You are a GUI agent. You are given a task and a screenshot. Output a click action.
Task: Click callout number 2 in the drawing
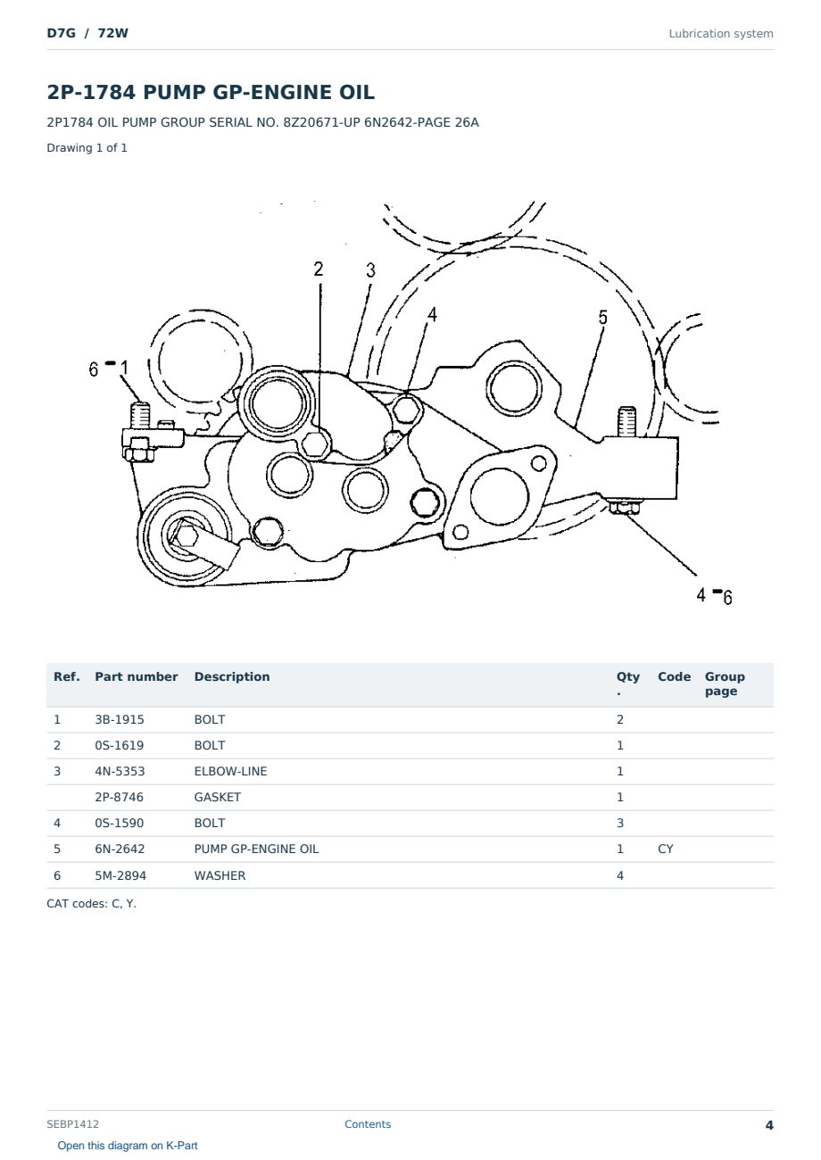[x=318, y=269]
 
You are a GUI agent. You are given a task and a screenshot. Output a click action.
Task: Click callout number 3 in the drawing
[x=370, y=270]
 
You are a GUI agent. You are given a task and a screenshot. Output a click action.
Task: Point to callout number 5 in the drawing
[x=602, y=317]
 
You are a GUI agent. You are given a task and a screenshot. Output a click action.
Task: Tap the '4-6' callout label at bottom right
[x=714, y=596]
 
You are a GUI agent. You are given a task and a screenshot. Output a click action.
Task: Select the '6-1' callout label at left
[x=108, y=368]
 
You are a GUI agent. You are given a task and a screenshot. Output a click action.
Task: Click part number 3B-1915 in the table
[x=120, y=719]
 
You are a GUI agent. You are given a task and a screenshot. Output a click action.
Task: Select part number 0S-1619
[x=120, y=745]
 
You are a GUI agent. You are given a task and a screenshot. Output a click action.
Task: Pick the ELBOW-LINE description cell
[x=230, y=771]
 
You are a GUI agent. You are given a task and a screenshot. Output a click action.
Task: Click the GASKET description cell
[x=218, y=797]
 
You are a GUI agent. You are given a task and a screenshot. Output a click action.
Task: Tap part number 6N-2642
[x=120, y=849]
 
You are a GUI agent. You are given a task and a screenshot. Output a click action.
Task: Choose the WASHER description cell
[x=220, y=875]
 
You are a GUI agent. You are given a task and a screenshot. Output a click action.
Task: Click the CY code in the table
[x=665, y=849]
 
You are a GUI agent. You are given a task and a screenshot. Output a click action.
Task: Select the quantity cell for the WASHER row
[x=620, y=875]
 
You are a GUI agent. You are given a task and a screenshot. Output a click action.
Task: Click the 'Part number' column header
[x=137, y=677]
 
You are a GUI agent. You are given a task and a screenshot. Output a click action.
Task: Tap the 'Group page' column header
[x=725, y=684]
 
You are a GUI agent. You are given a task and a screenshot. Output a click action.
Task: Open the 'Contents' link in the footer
[x=368, y=1123]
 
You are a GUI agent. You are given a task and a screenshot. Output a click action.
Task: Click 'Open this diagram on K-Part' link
[x=128, y=1146]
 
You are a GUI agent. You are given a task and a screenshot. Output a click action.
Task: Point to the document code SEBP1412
[x=72, y=1123]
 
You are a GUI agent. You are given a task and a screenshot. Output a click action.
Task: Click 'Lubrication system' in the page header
[x=720, y=34]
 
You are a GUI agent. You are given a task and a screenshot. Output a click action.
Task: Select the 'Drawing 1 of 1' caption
[x=87, y=148]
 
